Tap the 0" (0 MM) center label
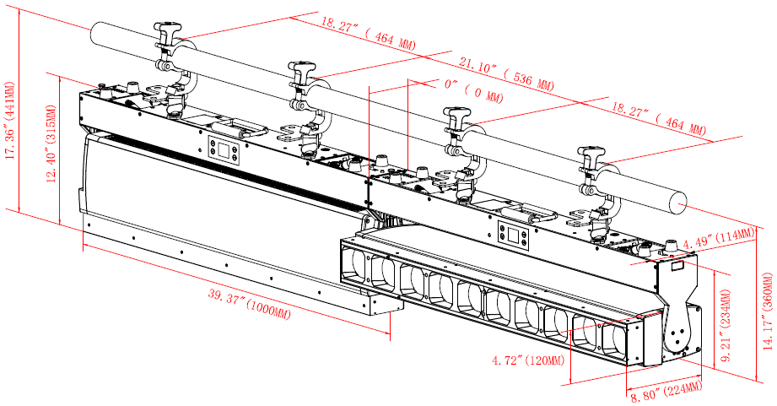point(463,88)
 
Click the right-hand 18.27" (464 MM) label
point(658,119)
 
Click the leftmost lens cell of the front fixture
point(359,263)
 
